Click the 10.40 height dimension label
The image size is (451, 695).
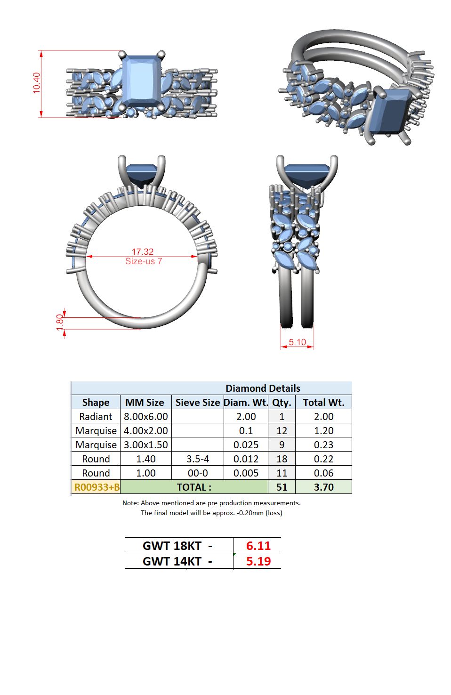pos(37,83)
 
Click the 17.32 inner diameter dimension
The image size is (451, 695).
pos(142,251)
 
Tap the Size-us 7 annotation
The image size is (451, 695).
pos(144,261)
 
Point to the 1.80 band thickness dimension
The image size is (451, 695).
pos(60,323)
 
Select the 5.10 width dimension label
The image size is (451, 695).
pos(297,342)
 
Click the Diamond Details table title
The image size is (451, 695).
pos(263,388)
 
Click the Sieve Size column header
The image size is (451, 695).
pos(198,403)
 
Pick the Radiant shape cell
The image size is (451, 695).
pos(96,416)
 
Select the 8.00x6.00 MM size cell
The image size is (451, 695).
pos(146,416)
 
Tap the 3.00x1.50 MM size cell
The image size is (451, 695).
pos(146,445)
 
